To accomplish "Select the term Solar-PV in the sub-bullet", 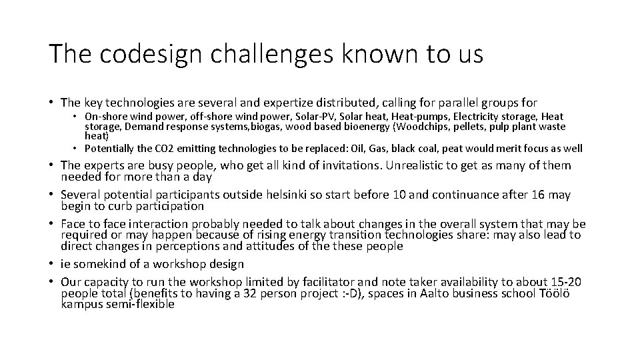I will pos(313,117).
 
